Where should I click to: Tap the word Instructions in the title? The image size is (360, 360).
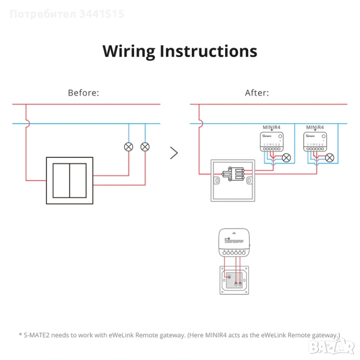click(x=209, y=51)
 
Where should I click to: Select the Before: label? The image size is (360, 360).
click(x=83, y=93)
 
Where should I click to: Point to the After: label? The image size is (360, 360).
click(x=257, y=93)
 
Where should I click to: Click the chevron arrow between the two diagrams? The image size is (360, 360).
click(x=174, y=153)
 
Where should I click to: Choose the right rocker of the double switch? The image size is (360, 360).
click(x=78, y=180)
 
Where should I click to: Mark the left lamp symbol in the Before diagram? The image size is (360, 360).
click(x=128, y=147)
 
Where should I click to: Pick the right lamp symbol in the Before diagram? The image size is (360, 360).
click(x=145, y=147)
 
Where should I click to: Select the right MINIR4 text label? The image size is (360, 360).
click(x=315, y=127)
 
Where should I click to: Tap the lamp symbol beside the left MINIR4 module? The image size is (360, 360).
click(x=286, y=157)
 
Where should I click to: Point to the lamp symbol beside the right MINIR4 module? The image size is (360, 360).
click(x=330, y=157)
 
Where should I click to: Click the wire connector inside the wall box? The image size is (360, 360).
click(x=233, y=174)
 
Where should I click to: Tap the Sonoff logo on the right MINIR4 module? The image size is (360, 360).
click(x=310, y=136)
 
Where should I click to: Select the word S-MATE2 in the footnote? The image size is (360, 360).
click(x=38, y=335)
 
